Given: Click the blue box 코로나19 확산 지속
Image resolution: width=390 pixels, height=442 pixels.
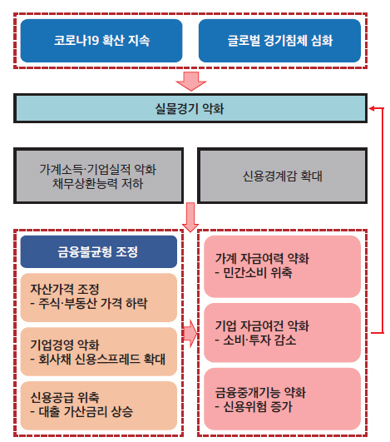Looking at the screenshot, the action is click(101, 41).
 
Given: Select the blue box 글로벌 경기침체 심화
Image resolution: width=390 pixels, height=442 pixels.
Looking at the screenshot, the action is click(279, 41).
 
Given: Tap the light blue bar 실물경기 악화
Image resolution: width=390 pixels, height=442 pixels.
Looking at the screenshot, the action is click(190, 108).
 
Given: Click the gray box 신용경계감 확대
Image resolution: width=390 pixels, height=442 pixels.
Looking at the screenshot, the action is click(282, 176).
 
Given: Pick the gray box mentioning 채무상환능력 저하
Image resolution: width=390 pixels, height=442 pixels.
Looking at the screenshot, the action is click(99, 176).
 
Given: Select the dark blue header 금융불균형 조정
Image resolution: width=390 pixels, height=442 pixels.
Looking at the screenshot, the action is click(99, 251).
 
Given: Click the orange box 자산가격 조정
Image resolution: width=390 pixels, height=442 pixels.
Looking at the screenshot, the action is click(99, 297).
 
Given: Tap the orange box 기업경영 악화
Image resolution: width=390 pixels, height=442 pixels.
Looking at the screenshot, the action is click(99, 351).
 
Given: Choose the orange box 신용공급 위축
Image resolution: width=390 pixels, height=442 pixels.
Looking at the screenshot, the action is click(99, 405).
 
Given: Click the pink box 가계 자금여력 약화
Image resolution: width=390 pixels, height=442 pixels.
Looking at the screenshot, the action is click(282, 266).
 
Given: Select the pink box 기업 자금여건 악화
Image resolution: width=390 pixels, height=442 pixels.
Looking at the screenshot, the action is click(282, 333).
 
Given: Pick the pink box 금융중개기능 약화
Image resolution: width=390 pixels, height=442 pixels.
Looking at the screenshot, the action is click(282, 399).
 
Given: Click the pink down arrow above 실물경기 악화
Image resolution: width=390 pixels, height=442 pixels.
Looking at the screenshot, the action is click(191, 82).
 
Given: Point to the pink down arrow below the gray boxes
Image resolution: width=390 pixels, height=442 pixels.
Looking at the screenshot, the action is click(190, 217).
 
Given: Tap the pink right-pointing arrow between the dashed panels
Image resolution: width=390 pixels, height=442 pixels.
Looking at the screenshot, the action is click(190, 334).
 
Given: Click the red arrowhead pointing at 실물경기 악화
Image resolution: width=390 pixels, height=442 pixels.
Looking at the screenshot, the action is click(372, 108).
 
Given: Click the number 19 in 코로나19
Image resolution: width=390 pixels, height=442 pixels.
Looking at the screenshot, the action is click(92, 41).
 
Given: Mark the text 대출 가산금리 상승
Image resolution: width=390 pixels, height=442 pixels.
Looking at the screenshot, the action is click(86, 411).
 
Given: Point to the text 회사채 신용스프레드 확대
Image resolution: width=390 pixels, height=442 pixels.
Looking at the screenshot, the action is click(102, 359).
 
